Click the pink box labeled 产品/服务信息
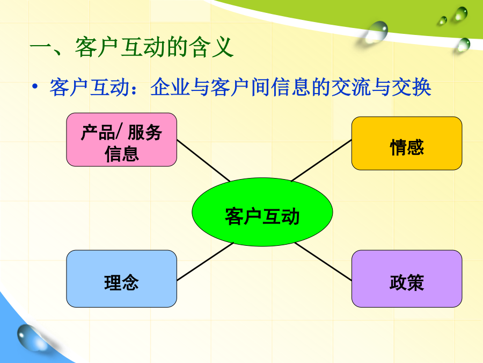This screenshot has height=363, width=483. (x=122, y=139)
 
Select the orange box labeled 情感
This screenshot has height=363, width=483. (x=407, y=143)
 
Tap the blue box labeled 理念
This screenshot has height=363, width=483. (x=122, y=279)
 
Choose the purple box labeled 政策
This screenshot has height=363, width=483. (x=407, y=279)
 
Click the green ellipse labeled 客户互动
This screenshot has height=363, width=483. (x=262, y=212)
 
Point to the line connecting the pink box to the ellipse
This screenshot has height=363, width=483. (x=203, y=161)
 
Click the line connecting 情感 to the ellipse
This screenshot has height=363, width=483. (x=321, y=160)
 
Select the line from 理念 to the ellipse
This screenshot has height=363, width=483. (x=205, y=261)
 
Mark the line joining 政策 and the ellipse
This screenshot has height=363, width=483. (x=323, y=262)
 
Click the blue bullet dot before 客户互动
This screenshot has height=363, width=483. (x=35, y=86)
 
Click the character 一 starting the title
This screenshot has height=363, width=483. (x=40, y=47)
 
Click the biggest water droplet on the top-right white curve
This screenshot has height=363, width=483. (x=377, y=32)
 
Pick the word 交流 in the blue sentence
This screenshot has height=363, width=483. (x=352, y=87)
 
